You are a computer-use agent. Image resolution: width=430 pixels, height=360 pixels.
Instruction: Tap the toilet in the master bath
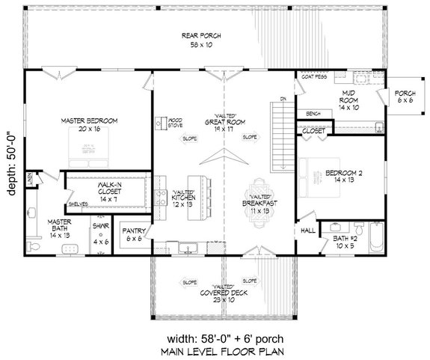pos(30,245)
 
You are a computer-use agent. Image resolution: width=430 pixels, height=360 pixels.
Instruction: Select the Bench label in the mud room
pos(313,113)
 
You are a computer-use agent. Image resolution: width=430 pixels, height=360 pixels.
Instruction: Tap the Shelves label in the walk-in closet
pos(77,204)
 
